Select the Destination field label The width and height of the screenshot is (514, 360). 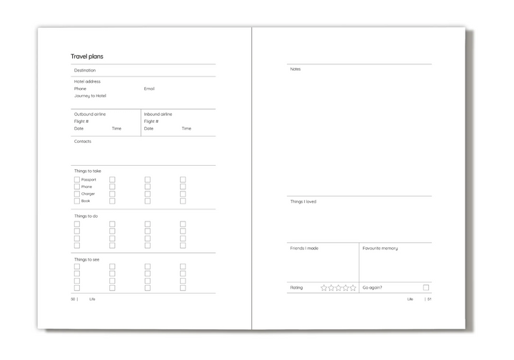click(x=85, y=70)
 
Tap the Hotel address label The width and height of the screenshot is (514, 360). click(x=87, y=81)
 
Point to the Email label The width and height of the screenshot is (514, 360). click(x=149, y=89)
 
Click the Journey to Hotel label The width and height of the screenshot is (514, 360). click(x=90, y=96)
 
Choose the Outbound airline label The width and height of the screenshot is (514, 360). click(x=89, y=114)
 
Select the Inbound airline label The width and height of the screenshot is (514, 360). click(x=158, y=114)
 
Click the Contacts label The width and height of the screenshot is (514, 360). click(x=83, y=141)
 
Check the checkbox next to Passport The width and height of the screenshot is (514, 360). click(x=77, y=179)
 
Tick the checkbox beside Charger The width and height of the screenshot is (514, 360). click(x=77, y=194)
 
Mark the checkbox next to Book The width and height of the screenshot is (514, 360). click(x=77, y=201)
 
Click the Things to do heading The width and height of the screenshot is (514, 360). click(x=86, y=216)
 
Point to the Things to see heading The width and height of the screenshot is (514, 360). click(x=87, y=259)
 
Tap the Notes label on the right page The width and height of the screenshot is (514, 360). click(x=296, y=69)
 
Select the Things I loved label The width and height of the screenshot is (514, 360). click(x=303, y=201)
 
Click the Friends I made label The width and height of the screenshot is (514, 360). click(x=304, y=248)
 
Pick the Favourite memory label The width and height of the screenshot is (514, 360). click(x=381, y=248)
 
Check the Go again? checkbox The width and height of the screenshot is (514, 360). click(x=426, y=287)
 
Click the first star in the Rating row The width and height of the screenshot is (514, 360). click(x=324, y=287)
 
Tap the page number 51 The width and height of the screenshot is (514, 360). click(x=430, y=299)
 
